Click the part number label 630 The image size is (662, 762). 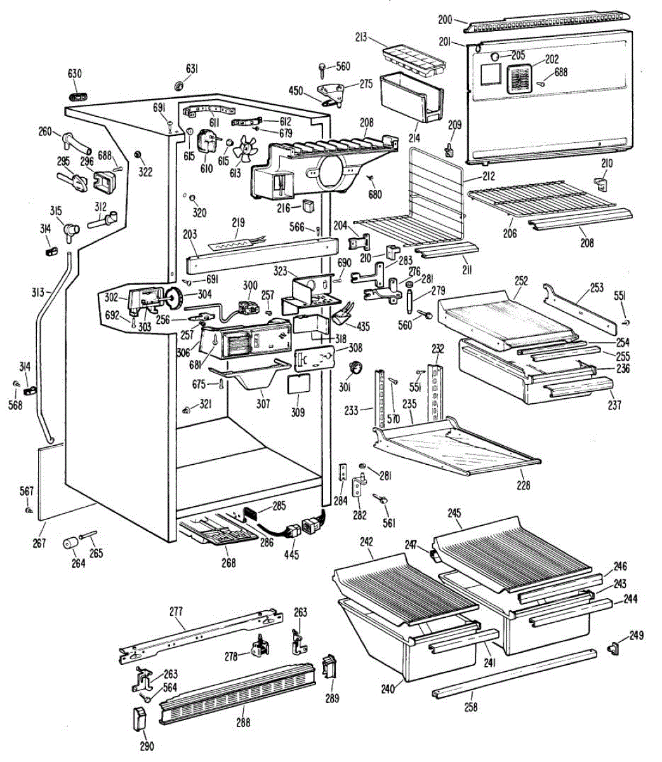pyautogui.click(x=75, y=73)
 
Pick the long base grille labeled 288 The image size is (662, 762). pyautogui.click(x=237, y=687)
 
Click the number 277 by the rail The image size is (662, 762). pyautogui.click(x=176, y=612)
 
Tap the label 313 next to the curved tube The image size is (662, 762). pyautogui.click(x=37, y=293)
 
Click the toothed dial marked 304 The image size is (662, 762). pyautogui.click(x=173, y=296)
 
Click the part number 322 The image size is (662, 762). pyautogui.click(x=145, y=171)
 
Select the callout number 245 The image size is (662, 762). pyautogui.click(x=454, y=513)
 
